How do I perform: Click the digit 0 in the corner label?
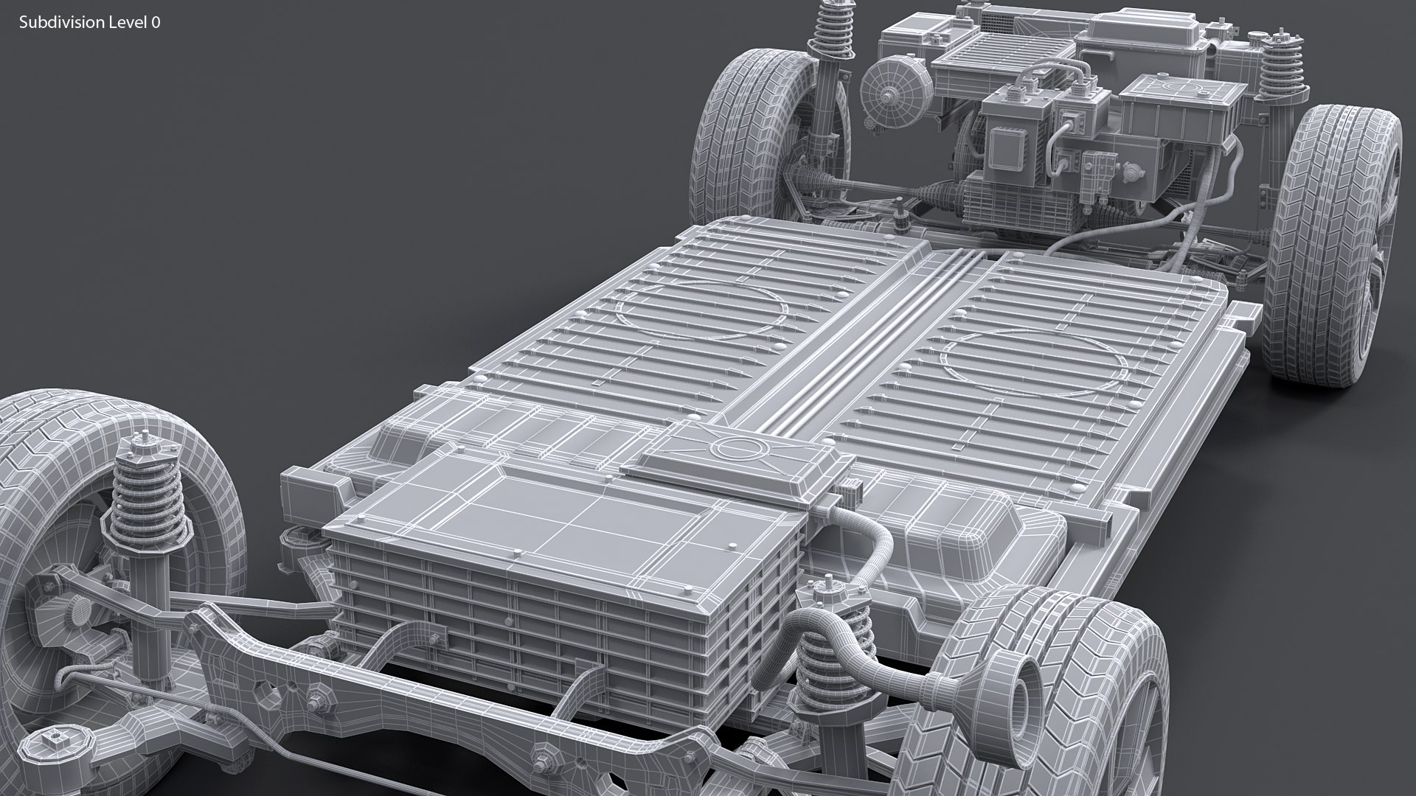click(156, 23)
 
